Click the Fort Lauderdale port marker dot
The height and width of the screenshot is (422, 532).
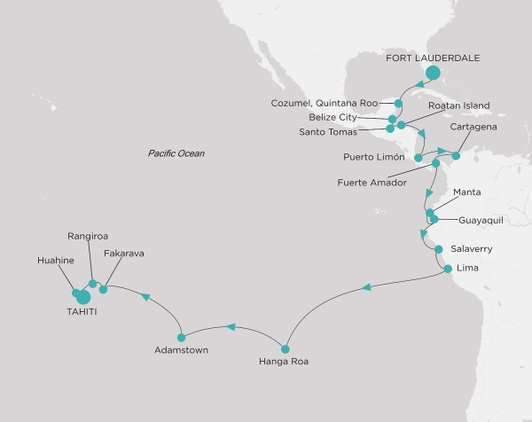(433, 74)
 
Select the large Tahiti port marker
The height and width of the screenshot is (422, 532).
(83, 297)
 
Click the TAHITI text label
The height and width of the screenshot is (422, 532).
(83, 313)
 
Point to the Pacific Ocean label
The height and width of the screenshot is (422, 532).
(176, 153)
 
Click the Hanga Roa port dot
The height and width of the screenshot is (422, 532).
(285, 348)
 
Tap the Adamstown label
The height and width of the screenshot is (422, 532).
(182, 350)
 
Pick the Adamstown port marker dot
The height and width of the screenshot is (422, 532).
(182, 337)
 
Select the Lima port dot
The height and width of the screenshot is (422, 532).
(448, 269)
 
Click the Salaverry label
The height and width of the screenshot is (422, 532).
(472, 249)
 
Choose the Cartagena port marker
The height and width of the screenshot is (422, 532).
(457, 156)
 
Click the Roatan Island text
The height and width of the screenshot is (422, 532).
(459, 106)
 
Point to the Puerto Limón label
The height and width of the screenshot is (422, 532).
(374, 158)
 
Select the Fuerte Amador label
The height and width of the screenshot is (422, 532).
(372, 183)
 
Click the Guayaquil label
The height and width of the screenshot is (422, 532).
(483, 219)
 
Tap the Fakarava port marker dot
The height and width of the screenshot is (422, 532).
(104, 289)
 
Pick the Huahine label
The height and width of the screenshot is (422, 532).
(56, 262)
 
